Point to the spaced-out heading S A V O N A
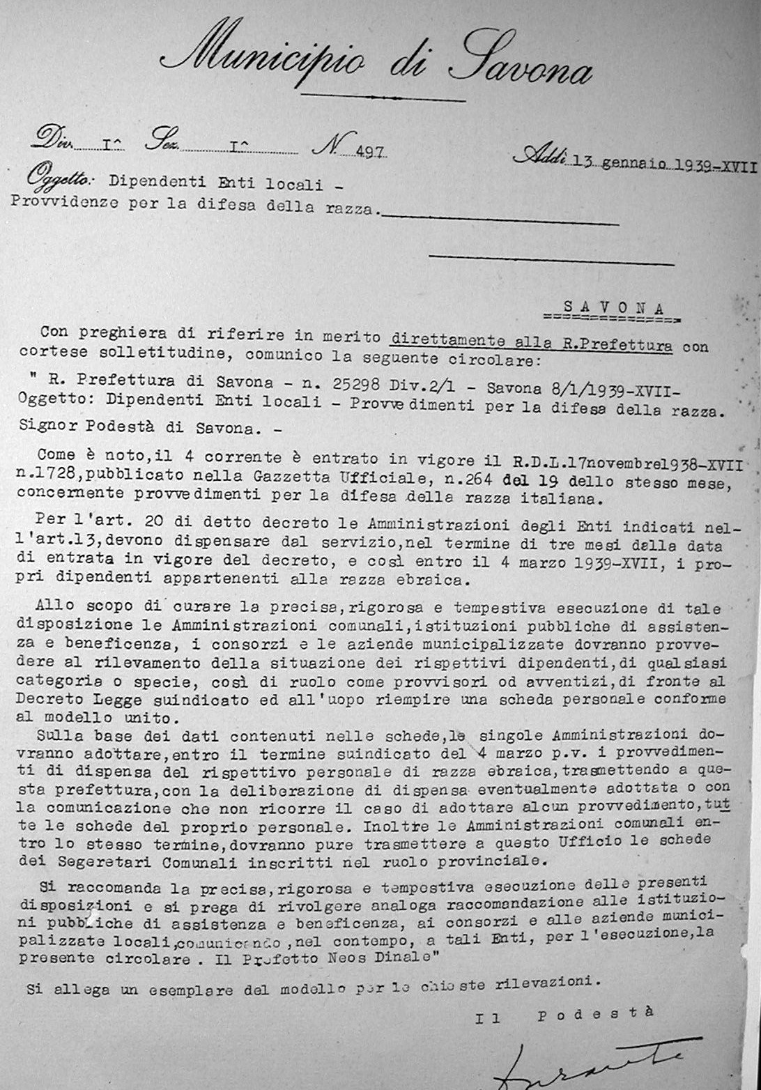(x=613, y=307)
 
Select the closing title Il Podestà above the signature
(x=564, y=1015)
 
